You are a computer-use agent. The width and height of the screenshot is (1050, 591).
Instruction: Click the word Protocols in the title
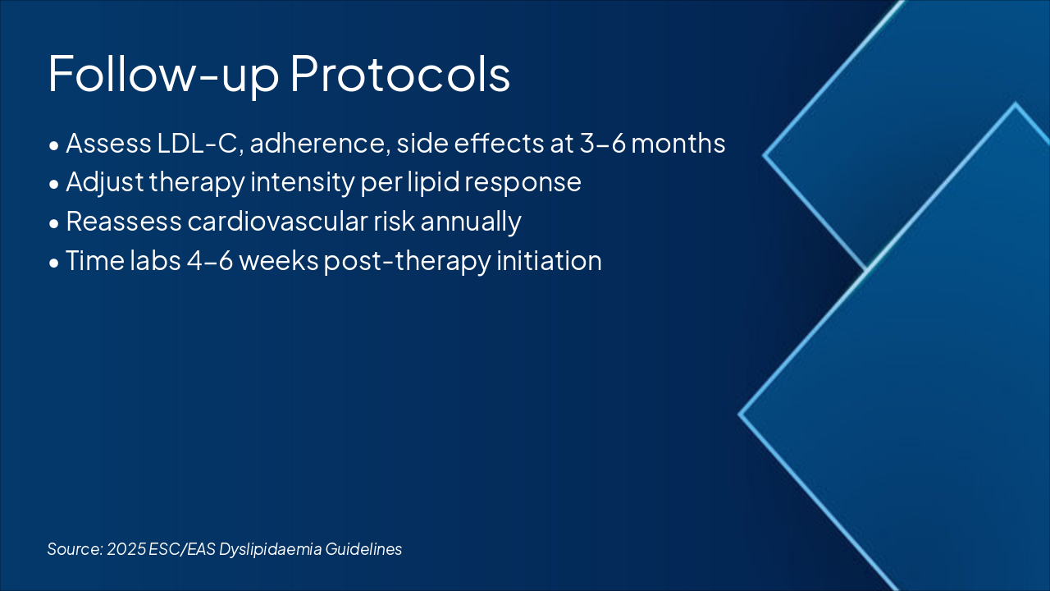click(x=400, y=75)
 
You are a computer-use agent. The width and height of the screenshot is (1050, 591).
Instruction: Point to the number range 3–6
click(x=603, y=144)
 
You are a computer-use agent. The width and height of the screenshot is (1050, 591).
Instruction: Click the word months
click(x=678, y=144)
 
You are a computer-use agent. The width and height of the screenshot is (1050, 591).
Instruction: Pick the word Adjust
click(x=104, y=182)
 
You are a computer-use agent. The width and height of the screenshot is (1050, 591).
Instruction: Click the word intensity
click(x=303, y=182)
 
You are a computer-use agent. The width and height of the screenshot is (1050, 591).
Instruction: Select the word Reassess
click(x=124, y=222)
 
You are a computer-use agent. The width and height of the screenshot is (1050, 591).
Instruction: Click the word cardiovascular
click(x=277, y=222)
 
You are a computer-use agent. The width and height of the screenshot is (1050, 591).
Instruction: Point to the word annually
click(x=471, y=222)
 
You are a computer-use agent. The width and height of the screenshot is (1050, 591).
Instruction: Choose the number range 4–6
click(x=209, y=261)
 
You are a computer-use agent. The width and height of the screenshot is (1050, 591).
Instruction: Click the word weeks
click(x=279, y=261)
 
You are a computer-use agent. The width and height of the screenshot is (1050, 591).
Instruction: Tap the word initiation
click(x=549, y=261)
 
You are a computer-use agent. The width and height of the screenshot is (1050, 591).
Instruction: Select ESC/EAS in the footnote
click(x=182, y=549)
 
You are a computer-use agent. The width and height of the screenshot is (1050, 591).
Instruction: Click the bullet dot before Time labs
click(x=54, y=263)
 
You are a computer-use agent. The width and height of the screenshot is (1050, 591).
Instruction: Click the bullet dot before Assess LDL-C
click(x=54, y=146)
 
